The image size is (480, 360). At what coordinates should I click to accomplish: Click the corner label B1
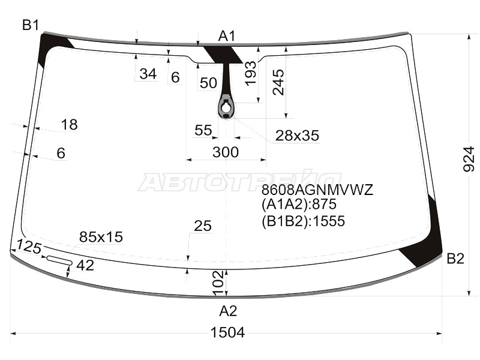[x=31, y=25]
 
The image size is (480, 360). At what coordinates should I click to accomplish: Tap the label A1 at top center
[x=227, y=36]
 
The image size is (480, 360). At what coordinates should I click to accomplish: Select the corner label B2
[x=455, y=259]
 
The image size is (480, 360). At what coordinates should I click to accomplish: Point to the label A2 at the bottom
[x=228, y=311]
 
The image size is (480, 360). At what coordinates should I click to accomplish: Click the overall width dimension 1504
[x=228, y=332]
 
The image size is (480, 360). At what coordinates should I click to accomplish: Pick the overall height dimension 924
[x=469, y=159]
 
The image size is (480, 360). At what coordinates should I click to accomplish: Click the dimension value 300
[x=226, y=152]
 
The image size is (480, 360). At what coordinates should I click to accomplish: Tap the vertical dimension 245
[x=278, y=82]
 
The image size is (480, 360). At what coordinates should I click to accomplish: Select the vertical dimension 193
[x=251, y=73]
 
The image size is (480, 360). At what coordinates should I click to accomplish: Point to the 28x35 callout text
[x=297, y=136]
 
